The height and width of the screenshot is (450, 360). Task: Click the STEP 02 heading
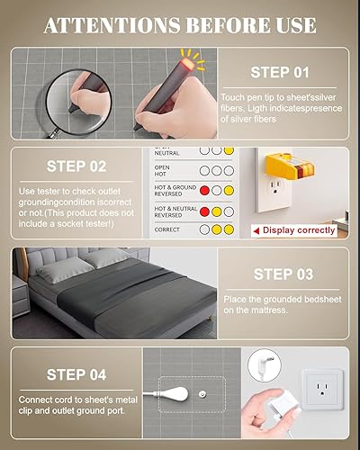pos(77,166)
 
